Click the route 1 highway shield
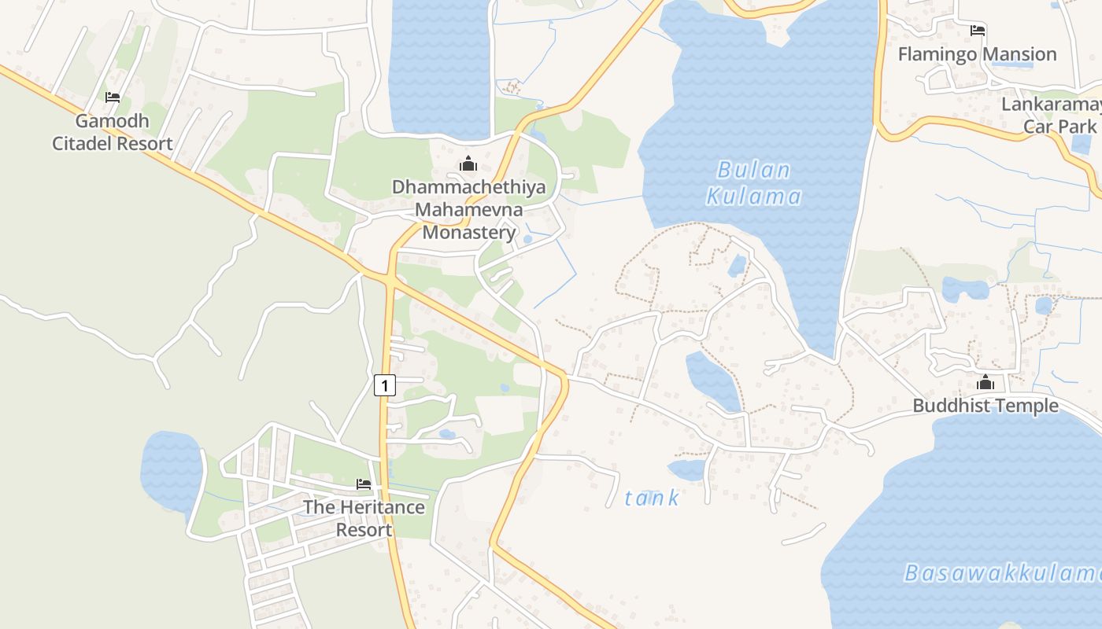pyautogui.click(x=384, y=385)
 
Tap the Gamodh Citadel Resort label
pyautogui.click(x=113, y=132)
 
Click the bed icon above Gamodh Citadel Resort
pyautogui.click(x=113, y=97)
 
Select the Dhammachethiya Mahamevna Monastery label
pyautogui.click(x=468, y=210)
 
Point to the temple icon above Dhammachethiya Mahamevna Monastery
pyautogui.click(x=468, y=164)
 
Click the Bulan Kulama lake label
pyautogui.click(x=754, y=183)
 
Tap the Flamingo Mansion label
pyautogui.click(x=977, y=54)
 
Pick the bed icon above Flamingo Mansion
pyautogui.click(x=978, y=31)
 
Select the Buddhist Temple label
pyautogui.click(x=986, y=406)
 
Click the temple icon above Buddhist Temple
pyautogui.click(x=986, y=383)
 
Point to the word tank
pyautogui.click(x=652, y=498)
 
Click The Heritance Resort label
pyautogui.click(x=364, y=518)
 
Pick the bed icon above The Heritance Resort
pyautogui.click(x=363, y=484)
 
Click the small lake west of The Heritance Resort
pyautogui.click(x=170, y=468)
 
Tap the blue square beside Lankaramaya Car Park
pyautogui.click(x=1082, y=145)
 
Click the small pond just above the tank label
pyautogui.click(x=687, y=470)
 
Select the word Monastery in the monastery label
pyautogui.click(x=469, y=233)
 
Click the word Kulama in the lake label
pyautogui.click(x=754, y=197)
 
